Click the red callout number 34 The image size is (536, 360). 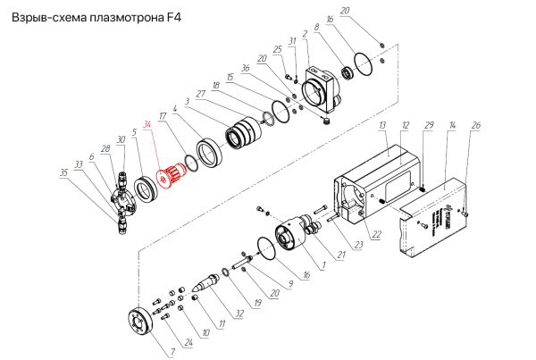click(147, 124)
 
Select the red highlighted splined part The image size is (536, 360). click(171, 175)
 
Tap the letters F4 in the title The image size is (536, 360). click(174, 17)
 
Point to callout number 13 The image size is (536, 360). click(382, 125)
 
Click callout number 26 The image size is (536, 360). click(476, 125)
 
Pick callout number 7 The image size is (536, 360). click(173, 351)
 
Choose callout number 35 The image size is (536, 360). click(64, 172)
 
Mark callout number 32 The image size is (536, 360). click(239, 314)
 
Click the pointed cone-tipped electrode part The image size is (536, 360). click(206, 282)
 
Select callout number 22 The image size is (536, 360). click(377, 234)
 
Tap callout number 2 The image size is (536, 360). click(305, 34)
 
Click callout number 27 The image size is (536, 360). click(201, 94)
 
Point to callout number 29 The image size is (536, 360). click(429, 125)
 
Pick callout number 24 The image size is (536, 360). click(188, 342)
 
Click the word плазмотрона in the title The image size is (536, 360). click(127, 17)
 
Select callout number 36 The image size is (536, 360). click(246, 68)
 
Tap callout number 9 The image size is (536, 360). click(290, 284)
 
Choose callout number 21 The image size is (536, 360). click(341, 255)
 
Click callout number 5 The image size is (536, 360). click(134, 132)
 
